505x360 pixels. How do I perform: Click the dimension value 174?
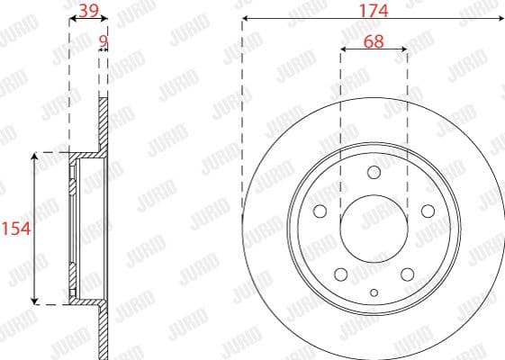pyautogui.click(x=373, y=12)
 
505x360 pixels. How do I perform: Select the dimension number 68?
pyautogui.click(x=373, y=41)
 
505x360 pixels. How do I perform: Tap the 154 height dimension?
pyautogui.click(x=16, y=229)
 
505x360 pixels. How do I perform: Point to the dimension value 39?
pyautogui.click(x=88, y=11)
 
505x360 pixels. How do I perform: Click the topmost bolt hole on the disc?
pyautogui.click(x=374, y=173)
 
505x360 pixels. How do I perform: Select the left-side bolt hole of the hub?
pyautogui.click(x=320, y=211)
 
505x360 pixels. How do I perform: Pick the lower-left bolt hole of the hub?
pyautogui.click(x=340, y=274)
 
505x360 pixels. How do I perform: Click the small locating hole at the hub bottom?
pyautogui.click(x=374, y=292)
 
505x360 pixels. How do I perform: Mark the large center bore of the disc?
pyautogui.click(x=374, y=229)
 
